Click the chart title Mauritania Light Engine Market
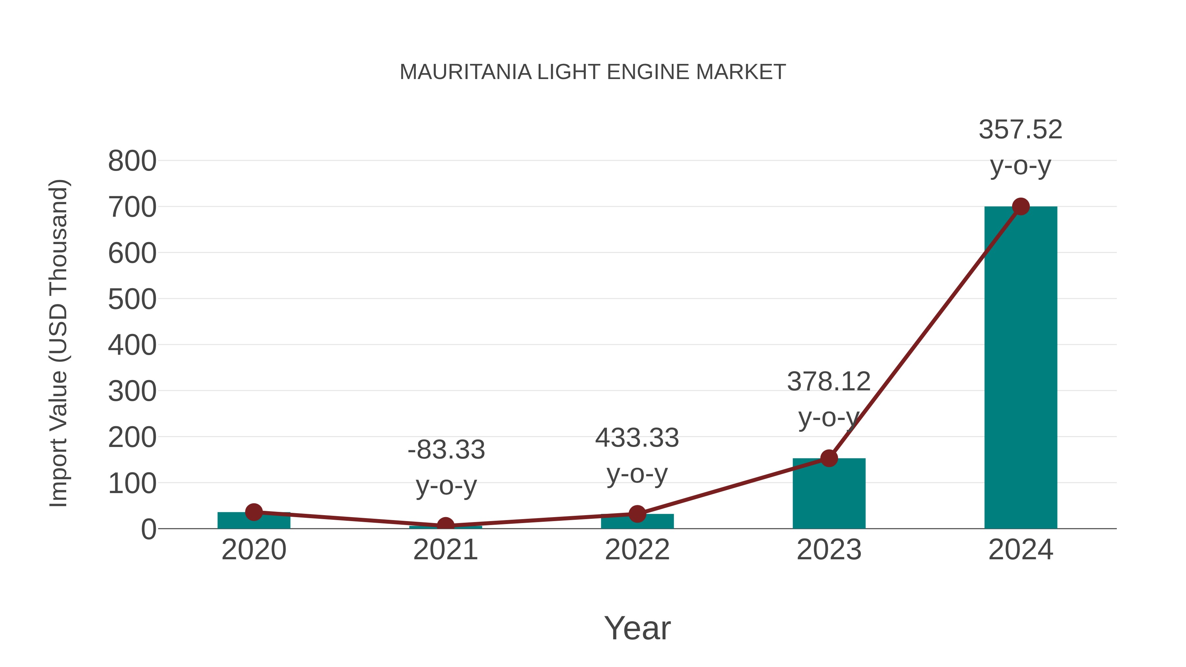(x=593, y=72)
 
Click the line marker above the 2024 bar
(x=1021, y=207)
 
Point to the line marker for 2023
(x=829, y=458)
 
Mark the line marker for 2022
(x=637, y=514)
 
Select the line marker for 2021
(x=445, y=525)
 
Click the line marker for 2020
(x=254, y=512)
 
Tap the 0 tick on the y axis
(x=148, y=529)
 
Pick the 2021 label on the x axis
(x=445, y=550)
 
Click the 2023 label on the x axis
(x=829, y=550)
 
